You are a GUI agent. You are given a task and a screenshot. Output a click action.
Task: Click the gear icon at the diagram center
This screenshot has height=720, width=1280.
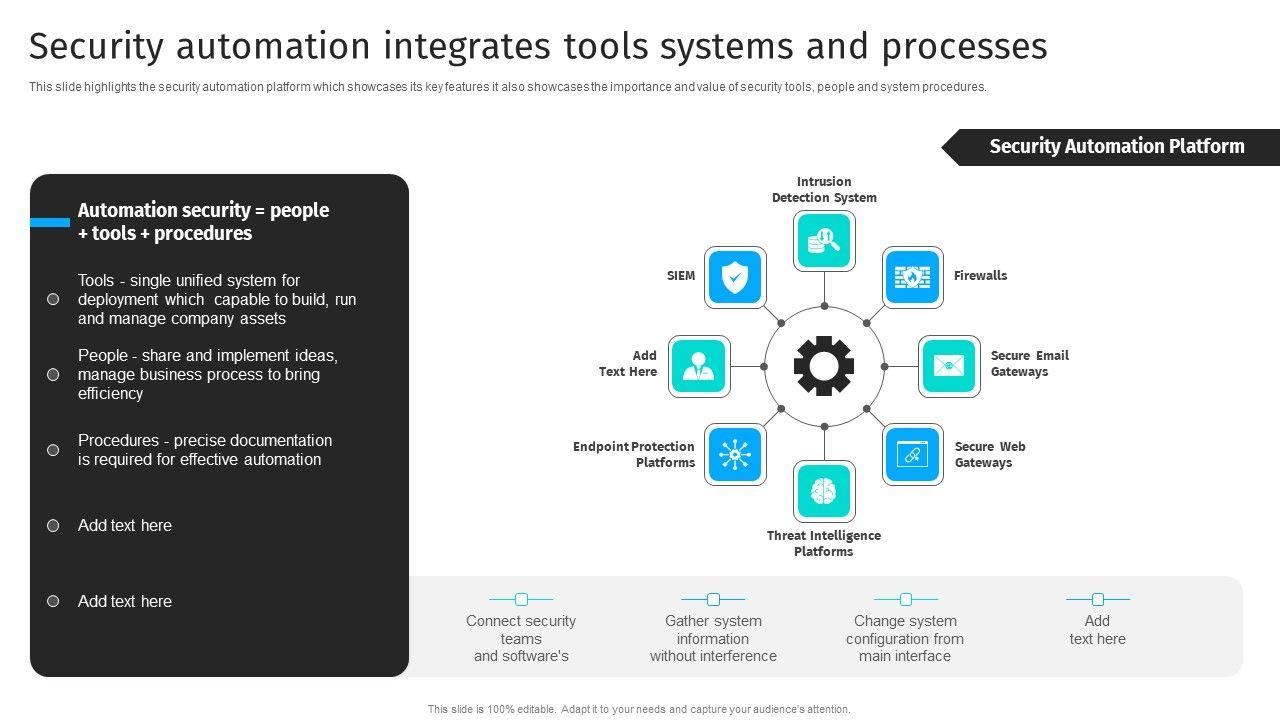click(x=824, y=366)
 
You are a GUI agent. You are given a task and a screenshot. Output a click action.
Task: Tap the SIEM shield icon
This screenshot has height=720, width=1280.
click(x=735, y=278)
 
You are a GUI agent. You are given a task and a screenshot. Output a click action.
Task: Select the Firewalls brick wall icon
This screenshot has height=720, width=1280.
click(x=913, y=278)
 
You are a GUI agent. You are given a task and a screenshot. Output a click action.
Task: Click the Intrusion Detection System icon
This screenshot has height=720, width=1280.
click(x=824, y=241)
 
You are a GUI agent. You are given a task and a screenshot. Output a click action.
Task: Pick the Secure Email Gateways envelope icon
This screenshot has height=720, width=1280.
click(x=949, y=366)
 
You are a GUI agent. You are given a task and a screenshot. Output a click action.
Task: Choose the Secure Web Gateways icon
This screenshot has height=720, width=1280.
click(x=913, y=454)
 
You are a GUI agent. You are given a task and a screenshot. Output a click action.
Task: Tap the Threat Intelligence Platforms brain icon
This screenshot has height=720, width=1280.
click(x=824, y=491)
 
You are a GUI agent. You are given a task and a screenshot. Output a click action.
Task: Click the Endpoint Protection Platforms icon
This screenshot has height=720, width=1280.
click(x=735, y=454)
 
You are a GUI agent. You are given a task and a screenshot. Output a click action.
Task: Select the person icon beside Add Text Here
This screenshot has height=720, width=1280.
click(x=699, y=366)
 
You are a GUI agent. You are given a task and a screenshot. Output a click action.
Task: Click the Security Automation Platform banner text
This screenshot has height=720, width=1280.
click(x=1117, y=146)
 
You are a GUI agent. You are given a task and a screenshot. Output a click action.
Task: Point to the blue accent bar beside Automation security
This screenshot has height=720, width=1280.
click(x=50, y=222)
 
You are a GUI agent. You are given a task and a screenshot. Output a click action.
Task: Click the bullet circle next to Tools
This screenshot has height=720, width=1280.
click(x=53, y=299)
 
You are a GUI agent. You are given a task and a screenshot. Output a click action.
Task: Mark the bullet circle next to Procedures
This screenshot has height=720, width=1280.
click(x=53, y=450)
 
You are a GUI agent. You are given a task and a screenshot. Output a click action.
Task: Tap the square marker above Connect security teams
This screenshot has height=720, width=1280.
click(x=521, y=599)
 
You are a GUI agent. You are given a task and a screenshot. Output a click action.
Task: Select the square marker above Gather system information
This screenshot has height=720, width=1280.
click(x=713, y=599)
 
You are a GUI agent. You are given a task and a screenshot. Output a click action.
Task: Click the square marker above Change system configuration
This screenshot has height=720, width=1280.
click(x=906, y=599)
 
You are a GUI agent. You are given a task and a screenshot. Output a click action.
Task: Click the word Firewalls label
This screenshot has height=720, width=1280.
click(x=980, y=275)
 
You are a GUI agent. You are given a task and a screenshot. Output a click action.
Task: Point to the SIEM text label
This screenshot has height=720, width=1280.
click(x=681, y=275)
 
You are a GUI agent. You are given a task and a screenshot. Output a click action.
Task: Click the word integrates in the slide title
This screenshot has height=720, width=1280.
click(x=467, y=47)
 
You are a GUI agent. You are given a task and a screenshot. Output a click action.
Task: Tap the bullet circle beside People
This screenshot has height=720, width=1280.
click(x=53, y=375)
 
